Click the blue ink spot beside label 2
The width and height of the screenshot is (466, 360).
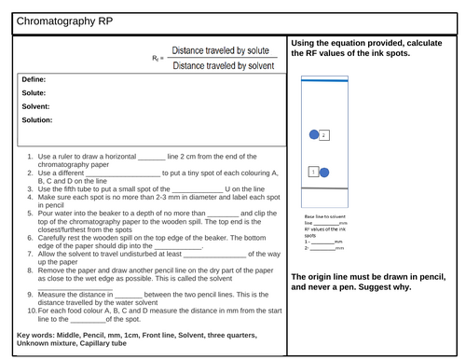(314, 135)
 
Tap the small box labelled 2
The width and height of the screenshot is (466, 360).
(323, 135)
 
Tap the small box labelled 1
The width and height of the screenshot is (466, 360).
(313, 172)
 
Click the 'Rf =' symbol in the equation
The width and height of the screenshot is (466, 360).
(158, 59)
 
